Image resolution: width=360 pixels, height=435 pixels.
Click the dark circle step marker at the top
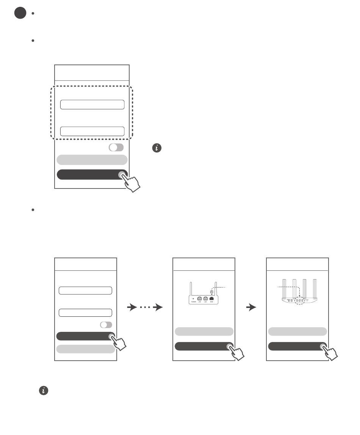point(20,13)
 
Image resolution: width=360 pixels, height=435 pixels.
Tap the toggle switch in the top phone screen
point(116,148)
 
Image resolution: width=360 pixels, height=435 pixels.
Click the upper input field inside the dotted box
point(92,105)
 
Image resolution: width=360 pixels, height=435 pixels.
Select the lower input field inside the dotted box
point(92,131)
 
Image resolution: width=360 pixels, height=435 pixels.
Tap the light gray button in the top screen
point(92,160)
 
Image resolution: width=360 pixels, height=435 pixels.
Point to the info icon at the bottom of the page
point(44,391)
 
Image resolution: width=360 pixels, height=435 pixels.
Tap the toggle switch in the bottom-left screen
point(106,325)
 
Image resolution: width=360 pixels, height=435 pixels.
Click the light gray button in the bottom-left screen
point(86,349)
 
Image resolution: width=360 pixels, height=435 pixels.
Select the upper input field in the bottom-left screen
point(85,291)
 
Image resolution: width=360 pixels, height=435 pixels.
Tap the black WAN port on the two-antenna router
point(211,298)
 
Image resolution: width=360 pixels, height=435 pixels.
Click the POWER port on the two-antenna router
point(194,298)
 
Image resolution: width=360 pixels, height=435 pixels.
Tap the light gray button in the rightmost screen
point(297,331)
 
